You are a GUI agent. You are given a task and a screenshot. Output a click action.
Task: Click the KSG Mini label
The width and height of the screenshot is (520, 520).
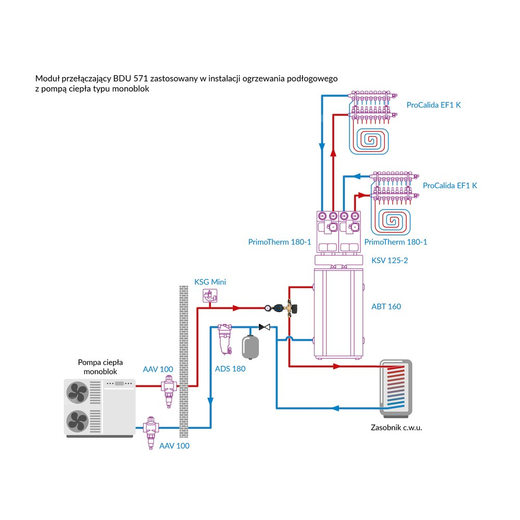[210, 282]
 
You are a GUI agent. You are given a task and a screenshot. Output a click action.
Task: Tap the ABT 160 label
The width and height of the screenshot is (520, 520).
[386, 306]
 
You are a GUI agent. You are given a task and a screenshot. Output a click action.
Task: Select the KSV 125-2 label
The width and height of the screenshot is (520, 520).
[389, 260]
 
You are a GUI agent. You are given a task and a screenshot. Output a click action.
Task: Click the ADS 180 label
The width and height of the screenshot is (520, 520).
[230, 369]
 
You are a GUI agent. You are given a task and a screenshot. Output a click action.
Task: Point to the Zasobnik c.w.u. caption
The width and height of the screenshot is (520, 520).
[397, 427]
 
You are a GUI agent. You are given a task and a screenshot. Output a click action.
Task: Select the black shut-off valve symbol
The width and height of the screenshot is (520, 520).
[265, 327]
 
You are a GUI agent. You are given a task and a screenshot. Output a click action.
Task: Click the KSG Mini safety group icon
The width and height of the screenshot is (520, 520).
[210, 296]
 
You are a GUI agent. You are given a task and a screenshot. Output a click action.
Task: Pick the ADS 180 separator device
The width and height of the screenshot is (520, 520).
[225, 338]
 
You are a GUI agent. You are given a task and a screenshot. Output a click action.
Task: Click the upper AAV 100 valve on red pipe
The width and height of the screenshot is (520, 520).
[167, 389]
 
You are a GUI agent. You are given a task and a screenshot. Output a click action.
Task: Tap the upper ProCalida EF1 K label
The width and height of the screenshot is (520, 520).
[434, 105]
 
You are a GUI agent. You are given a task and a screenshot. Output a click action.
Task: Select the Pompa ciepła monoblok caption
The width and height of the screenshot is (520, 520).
[97, 367]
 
